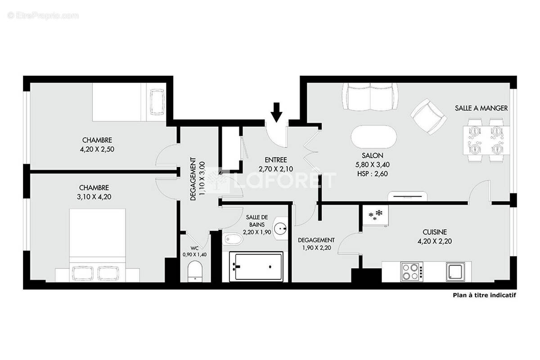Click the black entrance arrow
click(x=277, y=112)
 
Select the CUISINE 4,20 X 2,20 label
click(x=434, y=236)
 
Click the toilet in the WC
click(x=195, y=271)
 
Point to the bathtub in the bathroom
click(x=256, y=267)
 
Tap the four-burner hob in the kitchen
click(x=411, y=271)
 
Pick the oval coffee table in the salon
click(x=373, y=138)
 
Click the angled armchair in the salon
click(x=428, y=116)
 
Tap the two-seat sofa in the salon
click(x=370, y=97)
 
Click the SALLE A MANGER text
click(x=481, y=108)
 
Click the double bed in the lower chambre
click(x=98, y=245)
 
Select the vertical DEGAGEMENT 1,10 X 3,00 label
click(x=197, y=178)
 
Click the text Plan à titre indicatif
click(x=484, y=296)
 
